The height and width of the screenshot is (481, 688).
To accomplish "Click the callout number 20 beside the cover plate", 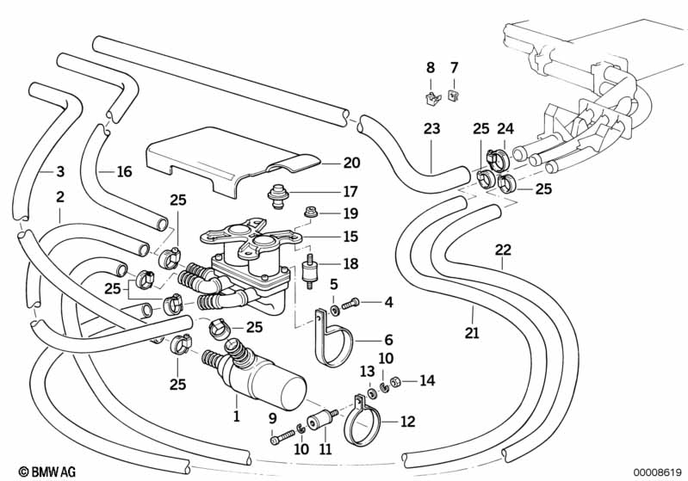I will click(327, 163).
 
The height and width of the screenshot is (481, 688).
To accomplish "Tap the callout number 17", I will click(327, 191).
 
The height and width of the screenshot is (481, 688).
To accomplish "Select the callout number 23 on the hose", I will click(431, 130).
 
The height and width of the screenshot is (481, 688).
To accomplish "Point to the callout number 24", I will click(505, 130).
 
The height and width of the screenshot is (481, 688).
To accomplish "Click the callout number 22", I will click(503, 250).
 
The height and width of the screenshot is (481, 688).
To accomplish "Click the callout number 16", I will click(124, 172).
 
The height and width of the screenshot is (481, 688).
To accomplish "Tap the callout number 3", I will click(59, 170).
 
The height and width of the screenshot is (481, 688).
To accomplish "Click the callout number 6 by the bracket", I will click(388, 340).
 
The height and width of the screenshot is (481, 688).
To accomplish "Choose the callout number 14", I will click(428, 381).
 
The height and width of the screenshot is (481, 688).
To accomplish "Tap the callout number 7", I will click(455, 67).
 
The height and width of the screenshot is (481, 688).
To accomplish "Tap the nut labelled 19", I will click(307, 213).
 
